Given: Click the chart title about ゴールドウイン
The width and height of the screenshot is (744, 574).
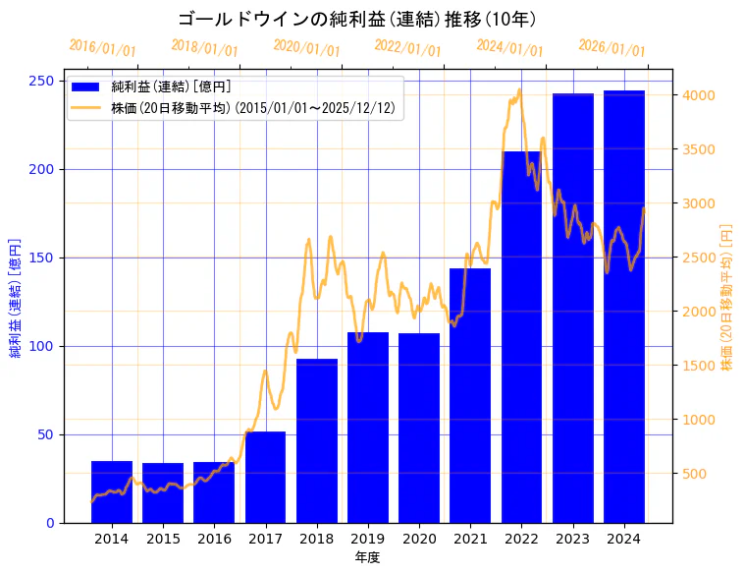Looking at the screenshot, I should coord(357,19).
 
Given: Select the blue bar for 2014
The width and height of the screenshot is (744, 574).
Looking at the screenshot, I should coord(112,491).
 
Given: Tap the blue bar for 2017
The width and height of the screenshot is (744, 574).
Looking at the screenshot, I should coord(265,477).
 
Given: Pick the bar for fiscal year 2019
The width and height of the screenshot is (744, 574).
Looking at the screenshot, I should coord(368,428).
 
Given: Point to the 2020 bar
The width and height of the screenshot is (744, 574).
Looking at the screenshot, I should coord(419,428).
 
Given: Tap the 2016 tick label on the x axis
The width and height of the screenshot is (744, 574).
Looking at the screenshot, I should coord(214,539).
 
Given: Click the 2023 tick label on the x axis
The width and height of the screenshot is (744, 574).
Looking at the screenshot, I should coord(572,539).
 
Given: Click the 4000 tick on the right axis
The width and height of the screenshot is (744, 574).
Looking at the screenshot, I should coord(697,95).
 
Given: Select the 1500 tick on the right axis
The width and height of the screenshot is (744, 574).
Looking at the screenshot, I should coord(697,366).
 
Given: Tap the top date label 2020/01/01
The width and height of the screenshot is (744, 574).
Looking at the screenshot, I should coord(307,48).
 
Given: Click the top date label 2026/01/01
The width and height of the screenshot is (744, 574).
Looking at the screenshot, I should coord(611,48).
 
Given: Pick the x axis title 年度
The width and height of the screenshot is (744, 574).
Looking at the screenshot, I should coord(367,557).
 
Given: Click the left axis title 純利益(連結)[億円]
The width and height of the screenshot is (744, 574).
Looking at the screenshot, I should coord(16,297).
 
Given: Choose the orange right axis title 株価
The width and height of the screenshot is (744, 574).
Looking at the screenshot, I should coord(727,297).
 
